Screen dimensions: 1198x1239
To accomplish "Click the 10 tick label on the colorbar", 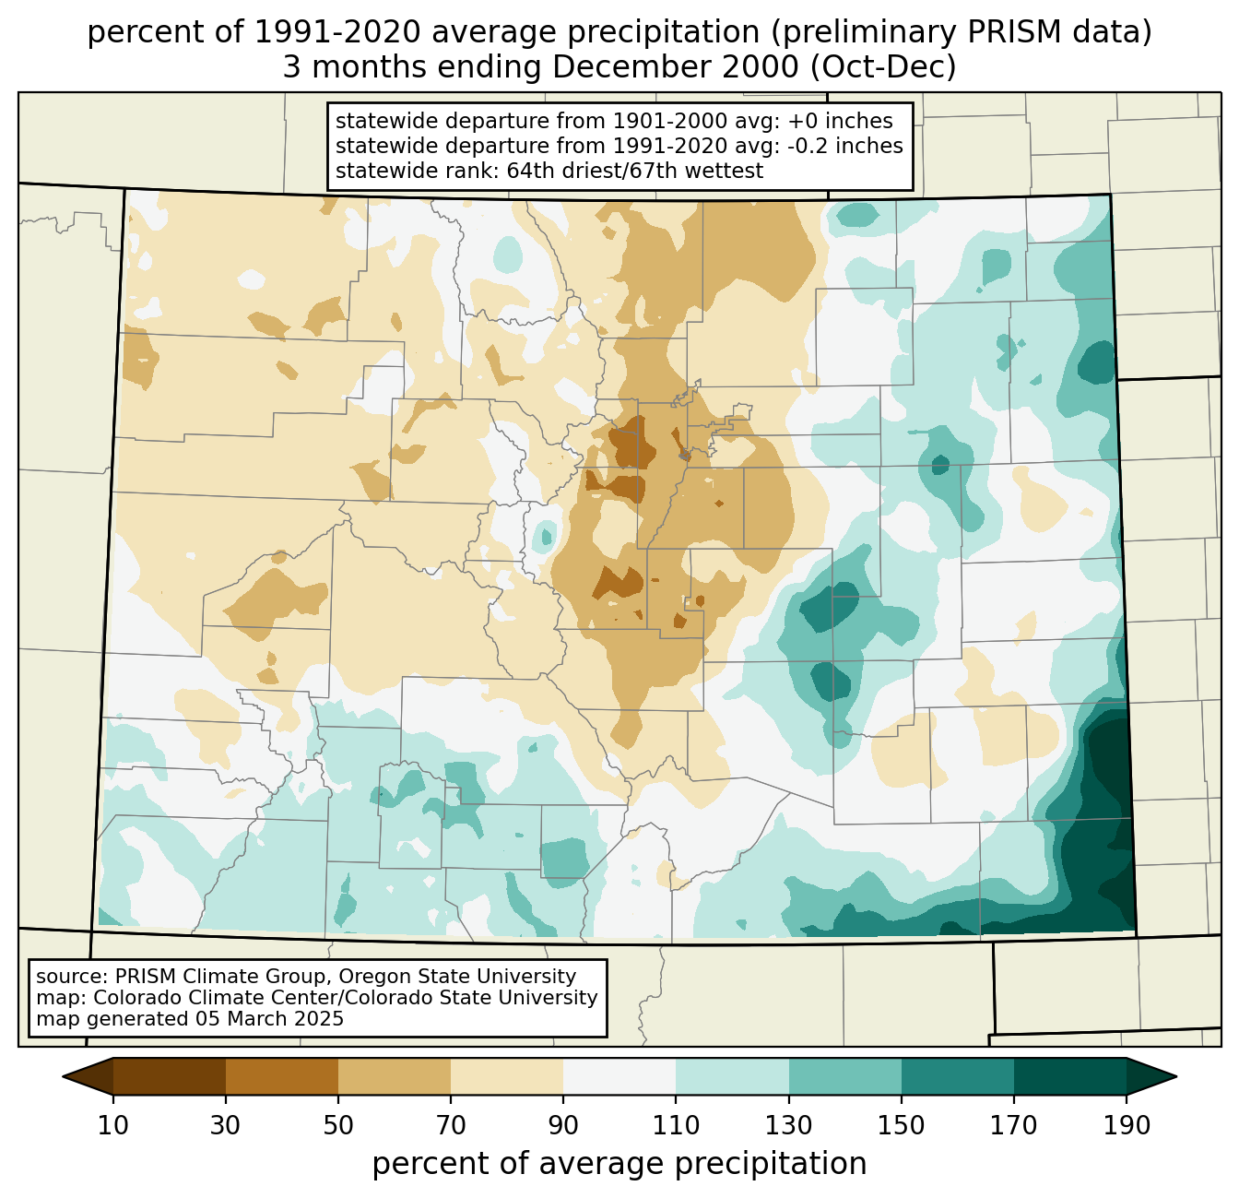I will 113,1125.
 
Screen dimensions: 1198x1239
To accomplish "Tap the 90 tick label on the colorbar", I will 563,1125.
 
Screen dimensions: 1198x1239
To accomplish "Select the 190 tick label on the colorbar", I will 1127,1125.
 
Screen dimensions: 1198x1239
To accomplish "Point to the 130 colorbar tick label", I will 789,1125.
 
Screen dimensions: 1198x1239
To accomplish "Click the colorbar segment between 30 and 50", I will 282,1076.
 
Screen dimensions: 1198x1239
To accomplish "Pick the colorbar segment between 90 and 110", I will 619,1076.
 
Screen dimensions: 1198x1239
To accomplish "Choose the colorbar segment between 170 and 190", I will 1069,1076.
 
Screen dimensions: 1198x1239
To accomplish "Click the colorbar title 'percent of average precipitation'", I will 619,1164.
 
